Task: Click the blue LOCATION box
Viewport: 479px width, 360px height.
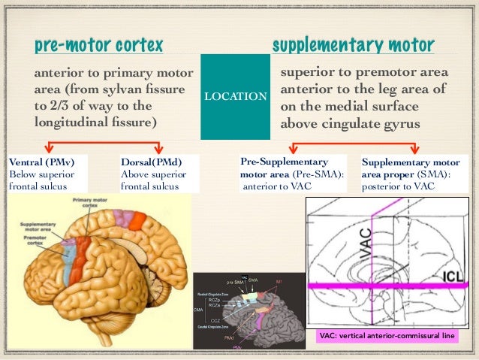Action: [234, 97]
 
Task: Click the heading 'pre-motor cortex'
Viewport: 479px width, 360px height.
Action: [98, 46]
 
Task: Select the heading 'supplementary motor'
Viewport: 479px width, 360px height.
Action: [353, 46]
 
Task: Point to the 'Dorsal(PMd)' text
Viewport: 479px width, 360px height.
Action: [150, 161]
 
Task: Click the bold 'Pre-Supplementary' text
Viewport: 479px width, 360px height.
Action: [284, 161]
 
